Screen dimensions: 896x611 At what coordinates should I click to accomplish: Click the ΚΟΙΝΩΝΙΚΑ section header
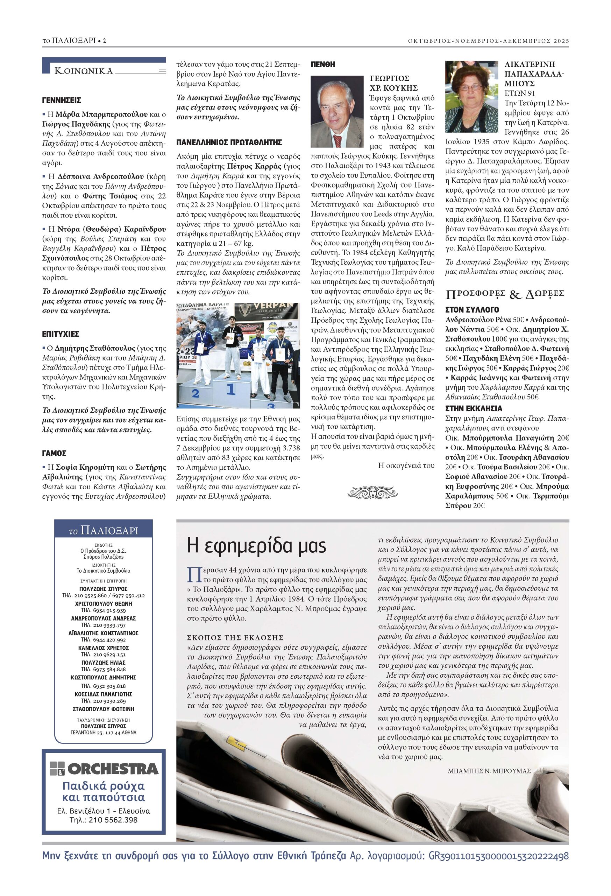click(84, 71)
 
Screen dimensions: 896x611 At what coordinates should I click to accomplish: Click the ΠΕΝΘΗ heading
click(323, 64)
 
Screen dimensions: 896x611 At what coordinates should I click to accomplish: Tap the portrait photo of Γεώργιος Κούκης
click(337, 112)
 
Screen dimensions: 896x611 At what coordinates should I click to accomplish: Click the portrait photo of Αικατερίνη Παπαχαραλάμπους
click(471, 96)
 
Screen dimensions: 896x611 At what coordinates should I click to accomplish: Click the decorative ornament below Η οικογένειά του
click(372, 492)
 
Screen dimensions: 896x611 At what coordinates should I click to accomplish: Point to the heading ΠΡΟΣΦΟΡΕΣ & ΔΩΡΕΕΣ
click(505, 295)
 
